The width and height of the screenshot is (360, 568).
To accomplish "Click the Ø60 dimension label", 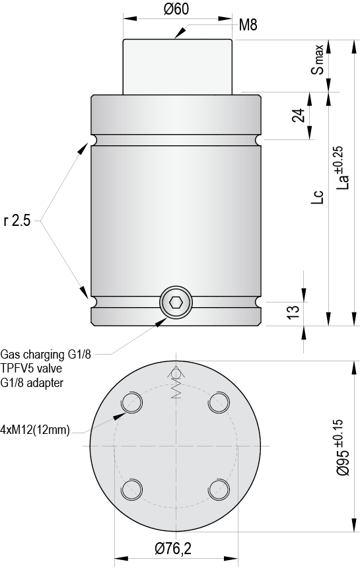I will coord(174,9).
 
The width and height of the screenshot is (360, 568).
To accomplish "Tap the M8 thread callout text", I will coord(248,26).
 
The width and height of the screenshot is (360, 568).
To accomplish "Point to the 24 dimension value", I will coord(298,116).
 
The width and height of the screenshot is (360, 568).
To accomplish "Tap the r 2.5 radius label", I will coord(17,221).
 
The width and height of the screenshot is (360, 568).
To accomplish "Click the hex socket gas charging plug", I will coord(176,303).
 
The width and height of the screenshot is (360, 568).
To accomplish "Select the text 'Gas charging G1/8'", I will coord(46,354).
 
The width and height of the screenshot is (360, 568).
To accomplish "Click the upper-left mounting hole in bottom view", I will coord(131,402).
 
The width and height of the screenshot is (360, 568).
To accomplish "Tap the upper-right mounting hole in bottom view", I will coord(219,402).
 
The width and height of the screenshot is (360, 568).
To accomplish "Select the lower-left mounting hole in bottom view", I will coord(131,489).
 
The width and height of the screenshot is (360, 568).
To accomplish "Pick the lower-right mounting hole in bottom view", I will coord(219,489).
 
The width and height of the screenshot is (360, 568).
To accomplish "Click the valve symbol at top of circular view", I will coord(176,383).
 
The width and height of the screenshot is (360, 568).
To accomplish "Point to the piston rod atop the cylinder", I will coord(178,66).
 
